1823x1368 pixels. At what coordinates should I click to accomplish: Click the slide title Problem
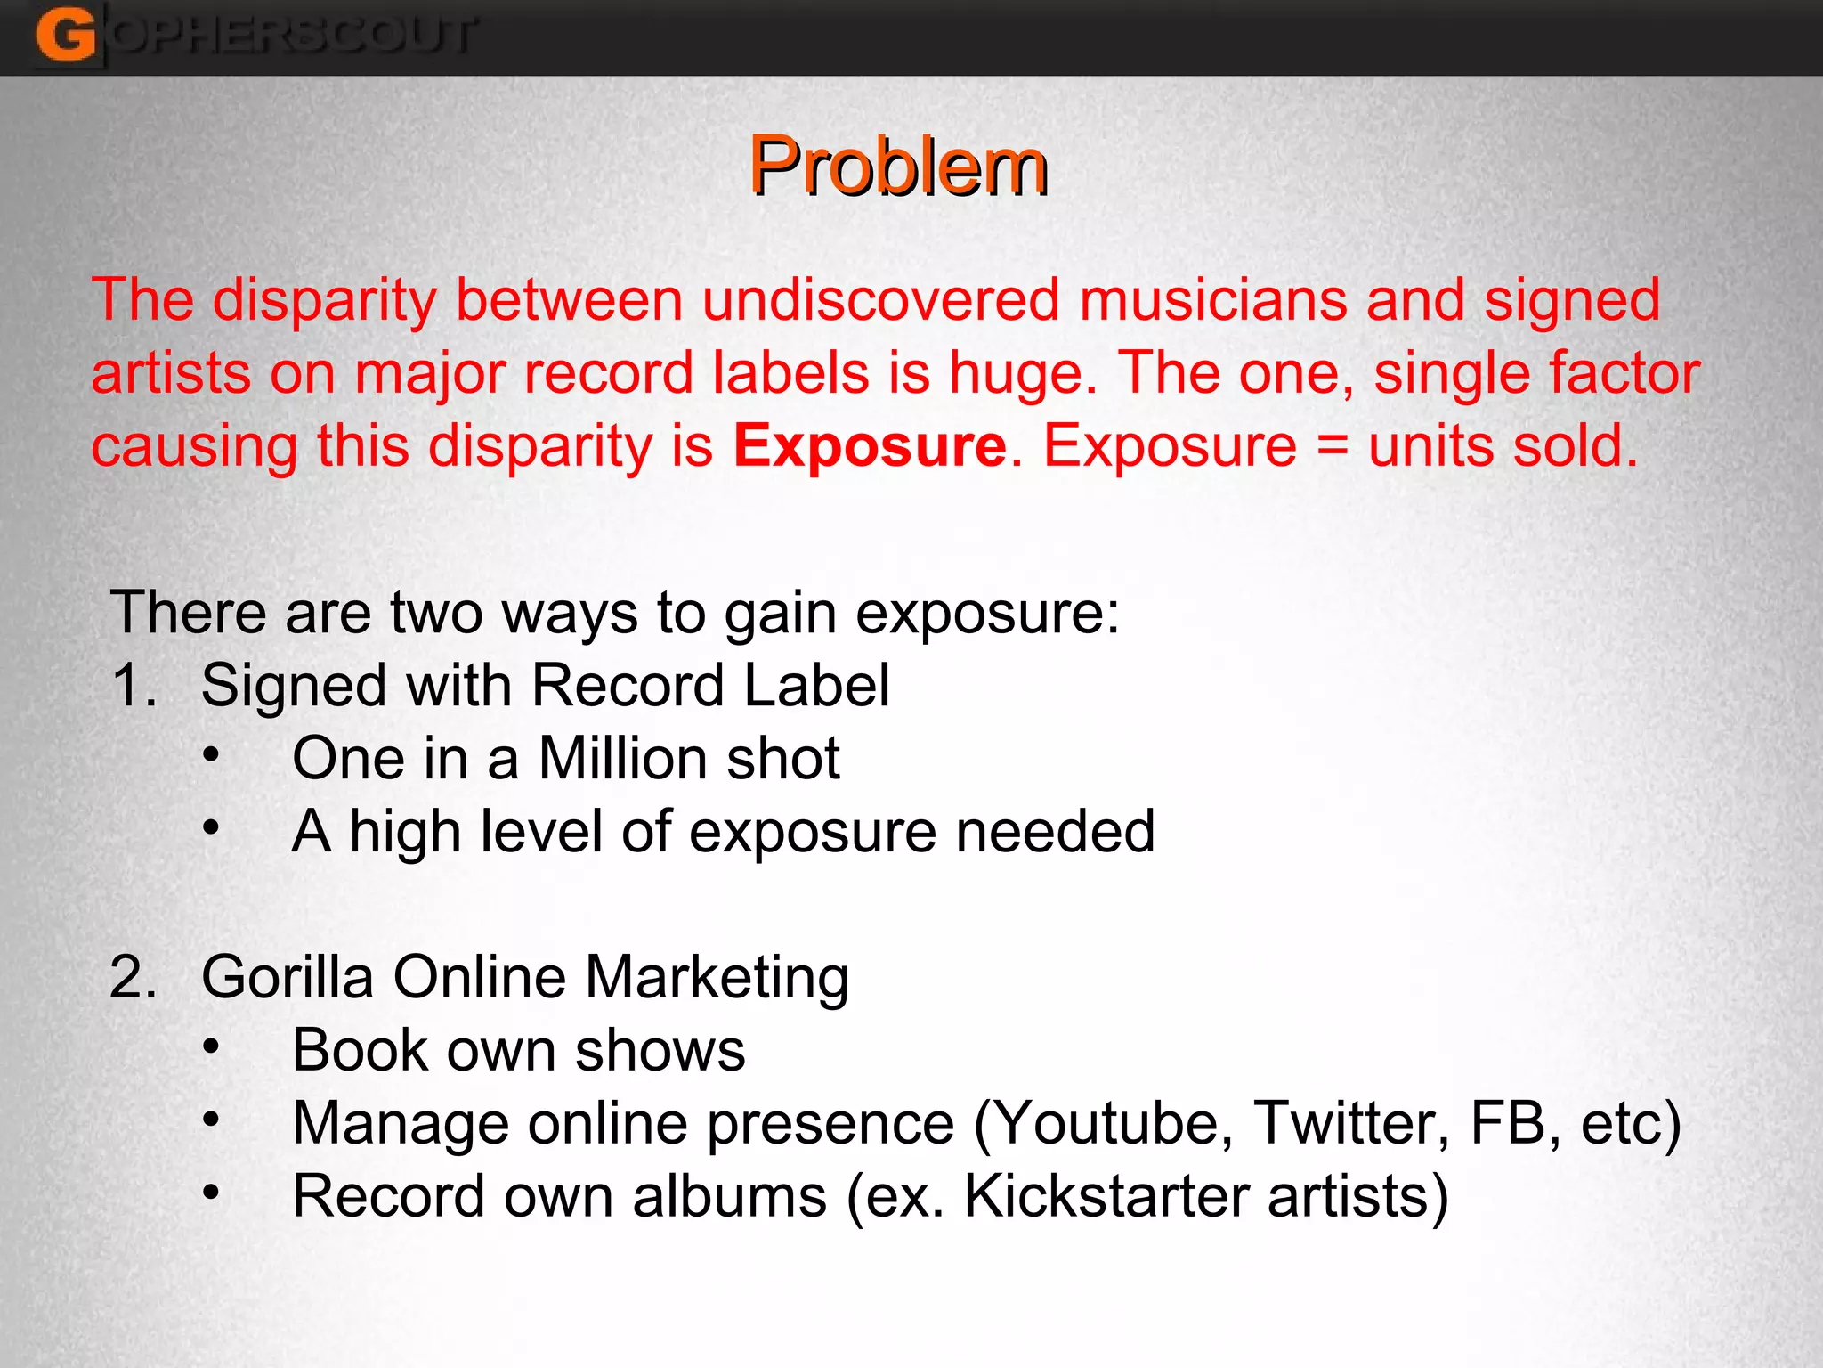point(898,167)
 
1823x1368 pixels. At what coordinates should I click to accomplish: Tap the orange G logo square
point(66,36)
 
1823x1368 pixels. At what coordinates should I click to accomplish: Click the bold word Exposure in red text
point(870,445)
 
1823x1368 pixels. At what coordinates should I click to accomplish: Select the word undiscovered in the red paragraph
point(880,299)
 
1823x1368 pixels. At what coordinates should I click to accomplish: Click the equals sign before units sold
point(1332,445)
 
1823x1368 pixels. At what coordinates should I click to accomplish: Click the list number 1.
point(134,686)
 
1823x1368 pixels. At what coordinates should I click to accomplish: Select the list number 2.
point(134,977)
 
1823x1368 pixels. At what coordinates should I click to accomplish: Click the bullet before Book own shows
point(211,1046)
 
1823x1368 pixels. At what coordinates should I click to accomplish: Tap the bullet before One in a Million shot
point(211,755)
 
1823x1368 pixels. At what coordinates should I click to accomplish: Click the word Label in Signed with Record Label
point(816,686)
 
